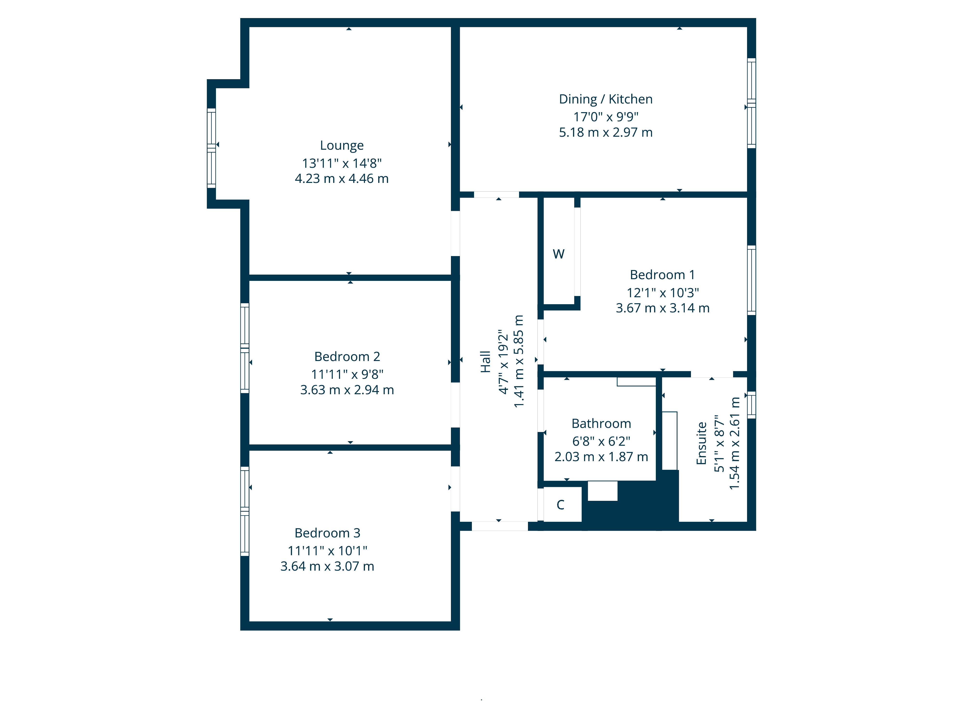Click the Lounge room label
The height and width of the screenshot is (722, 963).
342,145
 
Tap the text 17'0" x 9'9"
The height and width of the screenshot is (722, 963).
605,117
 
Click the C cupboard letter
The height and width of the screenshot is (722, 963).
560,505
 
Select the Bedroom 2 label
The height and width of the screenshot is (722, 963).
347,356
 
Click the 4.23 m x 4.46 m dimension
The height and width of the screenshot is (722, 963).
342,178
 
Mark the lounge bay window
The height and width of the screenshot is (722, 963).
211,148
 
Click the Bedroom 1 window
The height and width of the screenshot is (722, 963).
751,280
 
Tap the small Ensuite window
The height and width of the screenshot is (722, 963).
751,405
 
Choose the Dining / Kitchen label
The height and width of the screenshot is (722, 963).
605,99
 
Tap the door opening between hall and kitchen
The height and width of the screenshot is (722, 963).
496,194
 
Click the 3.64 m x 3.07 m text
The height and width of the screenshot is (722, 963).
327,566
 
